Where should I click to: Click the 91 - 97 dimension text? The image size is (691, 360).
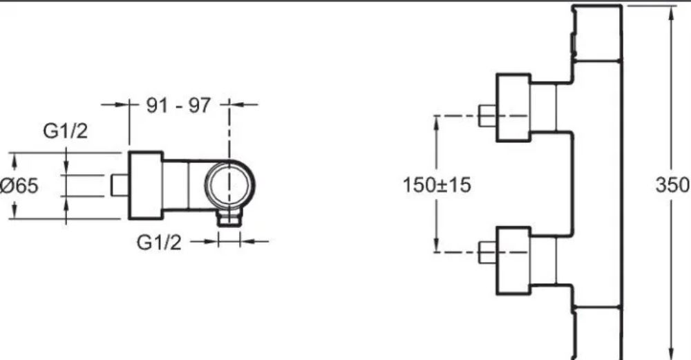[178, 105]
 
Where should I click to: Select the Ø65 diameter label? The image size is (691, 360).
[19, 185]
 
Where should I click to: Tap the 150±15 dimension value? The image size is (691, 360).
[437, 184]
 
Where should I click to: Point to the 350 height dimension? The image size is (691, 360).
[672, 185]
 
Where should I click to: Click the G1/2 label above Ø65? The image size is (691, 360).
[66, 131]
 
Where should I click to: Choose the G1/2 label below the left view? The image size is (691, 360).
[159, 243]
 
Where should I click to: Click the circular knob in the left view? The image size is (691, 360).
[229, 185]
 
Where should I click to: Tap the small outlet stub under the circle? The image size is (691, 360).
[229, 218]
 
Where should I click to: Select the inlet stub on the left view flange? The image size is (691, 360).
[119, 185]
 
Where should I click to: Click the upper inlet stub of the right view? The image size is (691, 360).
[488, 115]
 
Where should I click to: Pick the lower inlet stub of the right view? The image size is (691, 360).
[488, 252]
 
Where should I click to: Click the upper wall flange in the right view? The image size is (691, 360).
[513, 108]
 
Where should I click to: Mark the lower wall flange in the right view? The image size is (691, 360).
[513, 260]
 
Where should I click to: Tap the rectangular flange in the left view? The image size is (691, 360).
[145, 185]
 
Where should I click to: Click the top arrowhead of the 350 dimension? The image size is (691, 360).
[671, 14]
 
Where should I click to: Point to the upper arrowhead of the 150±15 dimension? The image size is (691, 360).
[436, 124]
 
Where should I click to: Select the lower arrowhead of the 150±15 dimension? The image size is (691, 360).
[436, 245]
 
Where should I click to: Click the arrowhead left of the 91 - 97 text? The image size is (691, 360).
[121, 105]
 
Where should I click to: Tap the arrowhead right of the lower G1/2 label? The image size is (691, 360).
[249, 241]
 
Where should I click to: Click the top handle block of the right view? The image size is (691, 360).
[597, 33]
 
